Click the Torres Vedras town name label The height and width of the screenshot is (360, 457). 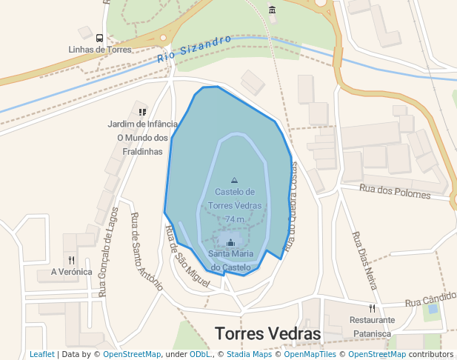(267, 334)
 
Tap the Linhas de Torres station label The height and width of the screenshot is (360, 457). (99, 50)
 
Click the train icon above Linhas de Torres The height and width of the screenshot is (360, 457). (99, 37)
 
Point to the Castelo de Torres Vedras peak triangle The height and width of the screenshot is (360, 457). (235, 180)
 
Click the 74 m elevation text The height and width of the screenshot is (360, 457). (235, 219)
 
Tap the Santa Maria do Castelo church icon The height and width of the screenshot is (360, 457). (230, 242)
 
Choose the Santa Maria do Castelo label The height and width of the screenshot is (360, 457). (230, 260)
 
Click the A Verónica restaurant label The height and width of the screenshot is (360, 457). (71, 272)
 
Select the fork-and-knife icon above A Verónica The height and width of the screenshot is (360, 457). (71, 260)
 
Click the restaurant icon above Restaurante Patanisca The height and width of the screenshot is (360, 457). (373, 308)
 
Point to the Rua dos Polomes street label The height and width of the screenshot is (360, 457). (395, 191)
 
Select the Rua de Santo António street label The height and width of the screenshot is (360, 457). (146, 245)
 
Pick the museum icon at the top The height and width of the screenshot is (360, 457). (273, 10)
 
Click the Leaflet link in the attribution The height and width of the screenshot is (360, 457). (41, 355)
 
